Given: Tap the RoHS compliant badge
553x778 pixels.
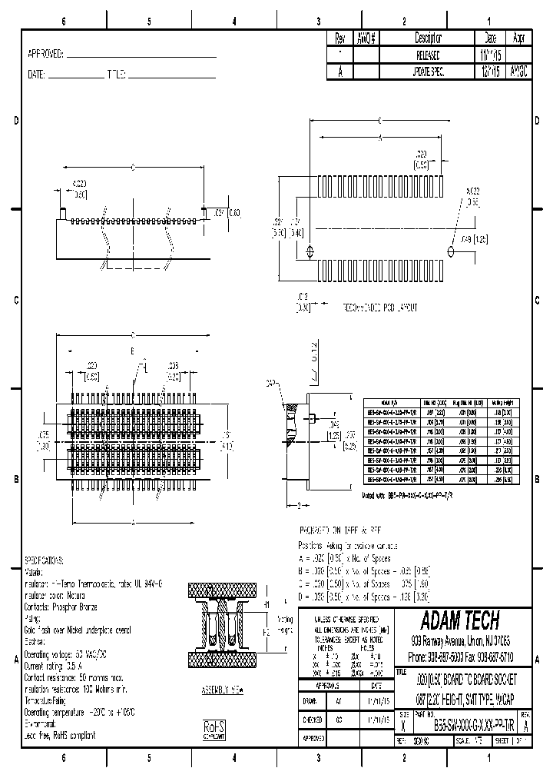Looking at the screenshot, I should coord(214,730).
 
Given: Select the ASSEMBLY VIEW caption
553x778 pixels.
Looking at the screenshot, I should coord(221,690).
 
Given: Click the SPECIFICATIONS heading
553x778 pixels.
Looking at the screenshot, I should coord(45,561).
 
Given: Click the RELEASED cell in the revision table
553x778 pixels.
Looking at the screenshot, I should coord(428,55).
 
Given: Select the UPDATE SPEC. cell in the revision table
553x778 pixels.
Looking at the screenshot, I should coord(428,70).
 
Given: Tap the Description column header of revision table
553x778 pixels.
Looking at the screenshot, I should coord(428,38).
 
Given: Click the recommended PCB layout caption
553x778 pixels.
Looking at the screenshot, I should coord(380,307).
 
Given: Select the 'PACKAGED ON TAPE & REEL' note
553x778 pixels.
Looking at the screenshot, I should coord(339,530).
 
